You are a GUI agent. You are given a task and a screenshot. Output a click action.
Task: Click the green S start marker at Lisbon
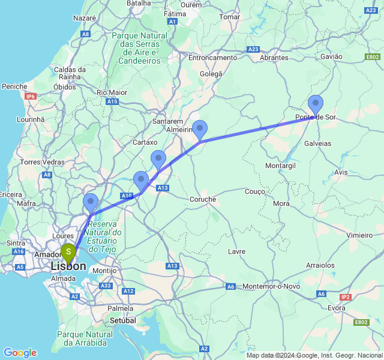pyautogui.click(x=68, y=252)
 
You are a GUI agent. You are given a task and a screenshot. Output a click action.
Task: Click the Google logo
pyautogui.click(x=20, y=353)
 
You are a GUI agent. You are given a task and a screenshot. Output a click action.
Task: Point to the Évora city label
pyautogui.click(x=337, y=308)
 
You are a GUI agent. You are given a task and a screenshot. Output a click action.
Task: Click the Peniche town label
pyautogui.click(x=14, y=86)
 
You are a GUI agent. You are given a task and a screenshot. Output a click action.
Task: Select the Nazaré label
pyautogui.click(x=85, y=18)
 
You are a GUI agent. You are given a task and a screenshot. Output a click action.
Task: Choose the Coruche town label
pyautogui.click(x=202, y=199)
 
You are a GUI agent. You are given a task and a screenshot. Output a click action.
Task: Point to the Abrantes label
pyautogui.click(x=275, y=58)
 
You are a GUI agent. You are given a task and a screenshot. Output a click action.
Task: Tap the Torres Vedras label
pyautogui.click(x=41, y=162)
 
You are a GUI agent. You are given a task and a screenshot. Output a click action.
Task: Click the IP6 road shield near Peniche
pyautogui.click(x=31, y=96)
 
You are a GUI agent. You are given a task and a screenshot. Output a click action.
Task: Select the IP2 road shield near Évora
pyautogui.click(x=345, y=297)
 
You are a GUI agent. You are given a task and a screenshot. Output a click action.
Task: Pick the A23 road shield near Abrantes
pyautogui.click(x=253, y=49)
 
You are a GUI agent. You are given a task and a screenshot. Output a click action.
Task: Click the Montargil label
pyautogui.click(x=280, y=165)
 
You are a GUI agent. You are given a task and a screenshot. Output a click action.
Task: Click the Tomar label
pyautogui.click(x=230, y=17)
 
